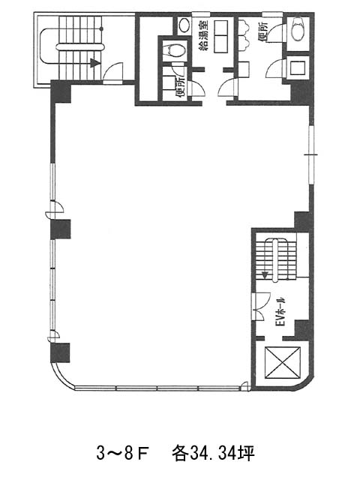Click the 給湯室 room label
pyautogui.click(x=203, y=35)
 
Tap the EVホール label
pyautogui.click(x=280, y=311)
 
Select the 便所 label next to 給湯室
pyautogui.click(x=180, y=87)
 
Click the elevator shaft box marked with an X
pyautogui.click(x=283, y=362)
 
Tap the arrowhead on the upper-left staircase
pyautogui.click(x=95, y=63)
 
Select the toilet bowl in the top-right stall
pyautogui.click(x=298, y=29)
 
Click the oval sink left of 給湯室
pyautogui.click(x=184, y=25)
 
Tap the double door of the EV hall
pyautogui.click(x=261, y=307)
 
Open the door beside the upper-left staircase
pyautogui.click(x=113, y=73)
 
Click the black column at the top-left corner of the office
pyautogui.click(x=61, y=91)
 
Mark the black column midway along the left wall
pyautogui.click(x=61, y=229)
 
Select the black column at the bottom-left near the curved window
pyautogui.click(x=60, y=352)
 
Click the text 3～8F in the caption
pyautogui.click(x=122, y=453)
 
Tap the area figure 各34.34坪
pyautogui.click(x=213, y=453)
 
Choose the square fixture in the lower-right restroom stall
pyautogui.click(x=298, y=67)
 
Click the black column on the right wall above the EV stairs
pyautogui.click(x=303, y=221)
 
